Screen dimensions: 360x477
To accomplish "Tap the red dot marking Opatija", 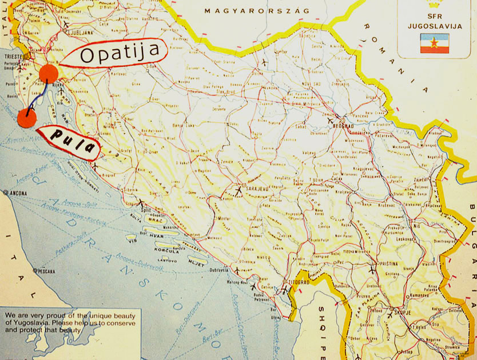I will pos(49,73).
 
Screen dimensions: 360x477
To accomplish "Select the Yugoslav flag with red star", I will pos(435,43).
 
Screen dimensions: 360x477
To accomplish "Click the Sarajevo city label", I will pos(255,187).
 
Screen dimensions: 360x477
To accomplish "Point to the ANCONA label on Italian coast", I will pos(20,193).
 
